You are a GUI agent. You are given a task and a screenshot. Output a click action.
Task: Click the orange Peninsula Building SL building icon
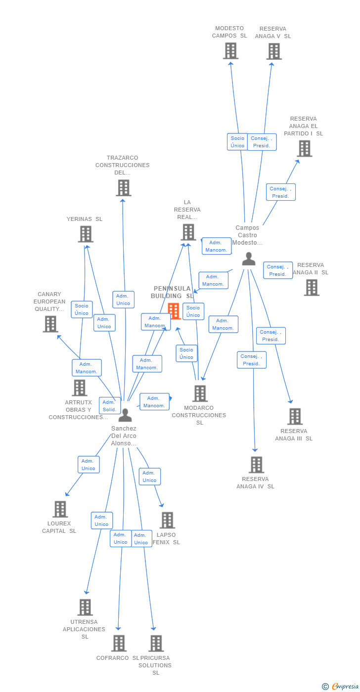174,311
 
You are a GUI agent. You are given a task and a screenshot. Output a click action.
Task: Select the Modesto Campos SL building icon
230,51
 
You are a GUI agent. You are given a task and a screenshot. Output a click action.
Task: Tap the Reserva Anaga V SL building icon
273,51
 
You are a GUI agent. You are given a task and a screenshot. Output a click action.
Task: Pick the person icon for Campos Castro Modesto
249,259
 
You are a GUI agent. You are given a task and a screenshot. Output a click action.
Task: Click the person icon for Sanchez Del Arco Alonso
125,415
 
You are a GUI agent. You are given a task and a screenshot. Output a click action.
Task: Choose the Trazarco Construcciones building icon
123,188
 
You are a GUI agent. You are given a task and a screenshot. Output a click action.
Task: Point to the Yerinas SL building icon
86,234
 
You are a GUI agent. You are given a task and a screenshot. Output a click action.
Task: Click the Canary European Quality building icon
50,324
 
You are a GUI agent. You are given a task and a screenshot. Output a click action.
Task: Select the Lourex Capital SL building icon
60,509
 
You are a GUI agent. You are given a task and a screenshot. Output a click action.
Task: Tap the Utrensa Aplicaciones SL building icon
85,607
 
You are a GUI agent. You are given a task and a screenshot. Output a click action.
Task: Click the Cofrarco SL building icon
119,644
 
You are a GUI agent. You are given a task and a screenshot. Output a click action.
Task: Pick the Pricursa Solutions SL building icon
156,644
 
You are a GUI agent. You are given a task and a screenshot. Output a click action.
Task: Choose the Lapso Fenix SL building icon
167,520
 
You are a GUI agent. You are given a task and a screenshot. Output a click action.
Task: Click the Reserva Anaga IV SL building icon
256,465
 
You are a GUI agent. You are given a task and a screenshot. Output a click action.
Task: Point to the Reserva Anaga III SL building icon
295,417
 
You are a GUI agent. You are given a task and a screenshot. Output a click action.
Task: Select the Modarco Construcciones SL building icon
200,393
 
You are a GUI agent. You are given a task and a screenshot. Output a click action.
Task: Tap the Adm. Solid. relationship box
109,405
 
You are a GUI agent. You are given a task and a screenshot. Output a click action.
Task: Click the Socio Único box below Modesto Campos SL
237,142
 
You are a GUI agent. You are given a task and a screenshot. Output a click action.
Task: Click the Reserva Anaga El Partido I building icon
304,148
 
